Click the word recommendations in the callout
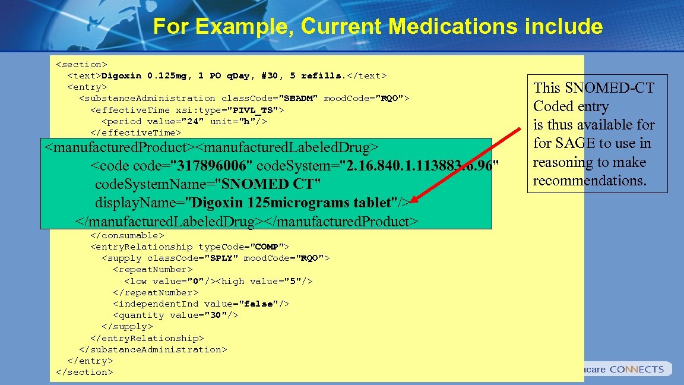589,181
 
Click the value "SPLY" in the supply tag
223,258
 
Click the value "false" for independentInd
258,304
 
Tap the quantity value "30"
217,315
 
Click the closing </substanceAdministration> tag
153,349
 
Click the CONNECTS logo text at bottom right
636,369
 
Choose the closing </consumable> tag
127,235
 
